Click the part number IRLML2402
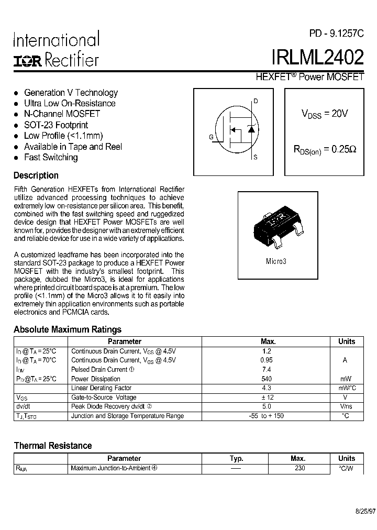click(x=317, y=57)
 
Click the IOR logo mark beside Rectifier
click(x=28, y=61)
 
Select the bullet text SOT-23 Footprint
click(x=56, y=125)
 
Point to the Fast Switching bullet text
click(x=51, y=157)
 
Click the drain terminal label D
click(x=256, y=101)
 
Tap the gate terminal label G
click(x=211, y=137)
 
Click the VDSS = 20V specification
click(x=324, y=114)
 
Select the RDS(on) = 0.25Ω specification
click(x=324, y=149)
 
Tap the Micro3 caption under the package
click(x=276, y=260)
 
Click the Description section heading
click(x=36, y=175)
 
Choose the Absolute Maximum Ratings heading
click(x=67, y=329)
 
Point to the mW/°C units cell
click(x=346, y=388)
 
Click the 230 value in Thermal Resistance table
click(x=300, y=468)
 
